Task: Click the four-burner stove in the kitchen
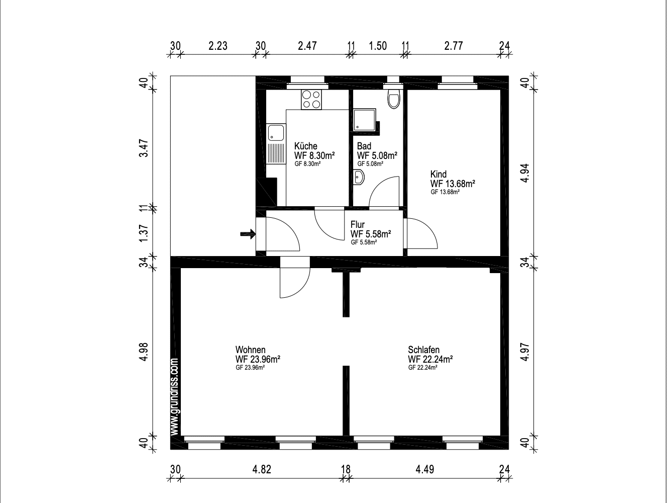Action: (x=311, y=100)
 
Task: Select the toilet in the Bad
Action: (x=394, y=99)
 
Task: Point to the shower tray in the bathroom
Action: (x=365, y=120)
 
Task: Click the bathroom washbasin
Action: (x=359, y=177)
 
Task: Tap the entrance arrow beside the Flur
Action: (x=248, y=234)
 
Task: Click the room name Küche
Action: (x=306, y=146)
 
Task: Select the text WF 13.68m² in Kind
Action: (x=453, y=184)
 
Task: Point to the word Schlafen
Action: (x=423, y=350)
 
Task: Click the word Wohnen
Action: (x=251, y=350)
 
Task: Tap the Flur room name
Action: (x=357, y=224)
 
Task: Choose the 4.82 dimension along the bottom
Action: (x=262, y=469)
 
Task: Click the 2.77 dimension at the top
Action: (x=454, y=46)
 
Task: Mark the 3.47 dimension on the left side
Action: (x=144, y=148)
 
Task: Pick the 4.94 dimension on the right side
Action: (x=525, y=173)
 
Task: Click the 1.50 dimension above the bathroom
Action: (x=378, y=46)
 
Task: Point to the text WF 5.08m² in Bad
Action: (x=377, y=156)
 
